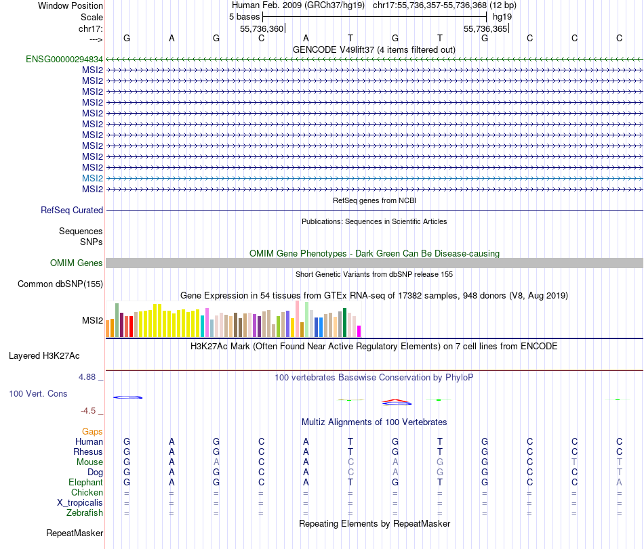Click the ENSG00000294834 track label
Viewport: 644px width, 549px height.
[x=64, y=59]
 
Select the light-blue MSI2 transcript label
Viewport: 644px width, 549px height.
[x=92, y=178]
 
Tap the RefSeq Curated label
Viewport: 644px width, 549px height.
[x=72, y=211]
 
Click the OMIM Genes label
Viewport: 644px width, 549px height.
[x=77, y=263]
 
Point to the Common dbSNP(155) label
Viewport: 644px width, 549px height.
[x=60, y=284]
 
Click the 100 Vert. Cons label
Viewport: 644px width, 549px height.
[x=38, y=393]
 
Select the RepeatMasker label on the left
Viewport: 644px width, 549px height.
[x=75, y=533]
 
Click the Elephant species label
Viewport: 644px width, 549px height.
[x=85, y=482]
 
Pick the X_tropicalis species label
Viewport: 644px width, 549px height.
[x=80, y=503]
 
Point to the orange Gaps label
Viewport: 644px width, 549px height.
[x=92, y=431]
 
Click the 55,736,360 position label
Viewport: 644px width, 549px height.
[x=262, y=29]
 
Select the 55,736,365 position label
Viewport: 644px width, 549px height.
[x=485, y=29]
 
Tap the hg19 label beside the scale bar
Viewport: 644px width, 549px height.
[x=502, y=16]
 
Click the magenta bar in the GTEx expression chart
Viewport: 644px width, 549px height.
[x=359, y=331]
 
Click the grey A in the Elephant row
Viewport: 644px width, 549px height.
[x=619, y=482]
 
